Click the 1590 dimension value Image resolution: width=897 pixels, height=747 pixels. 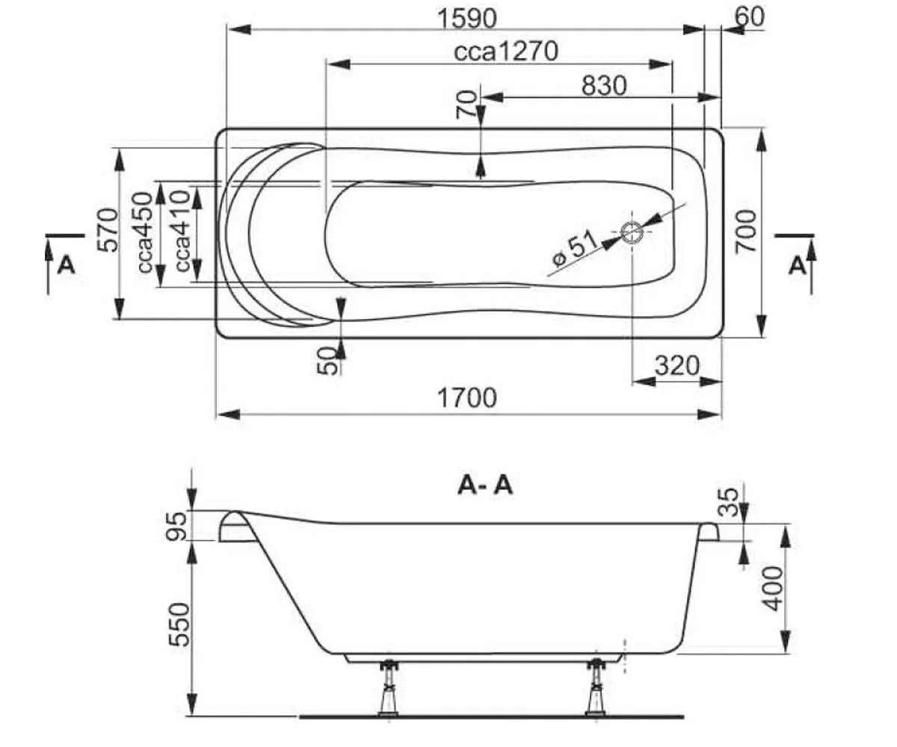469,17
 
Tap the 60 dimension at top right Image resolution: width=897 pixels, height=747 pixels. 750,16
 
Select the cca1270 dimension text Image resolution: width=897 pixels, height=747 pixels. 506,52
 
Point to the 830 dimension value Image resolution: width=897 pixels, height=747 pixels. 603,86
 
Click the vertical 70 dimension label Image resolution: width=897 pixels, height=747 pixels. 466,105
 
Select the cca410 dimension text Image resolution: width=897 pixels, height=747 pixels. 179,232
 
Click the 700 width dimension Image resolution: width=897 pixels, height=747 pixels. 747,231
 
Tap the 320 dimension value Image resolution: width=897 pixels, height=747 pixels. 676,366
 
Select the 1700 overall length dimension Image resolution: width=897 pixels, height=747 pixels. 467,397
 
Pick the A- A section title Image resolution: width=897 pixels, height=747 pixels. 485,486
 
